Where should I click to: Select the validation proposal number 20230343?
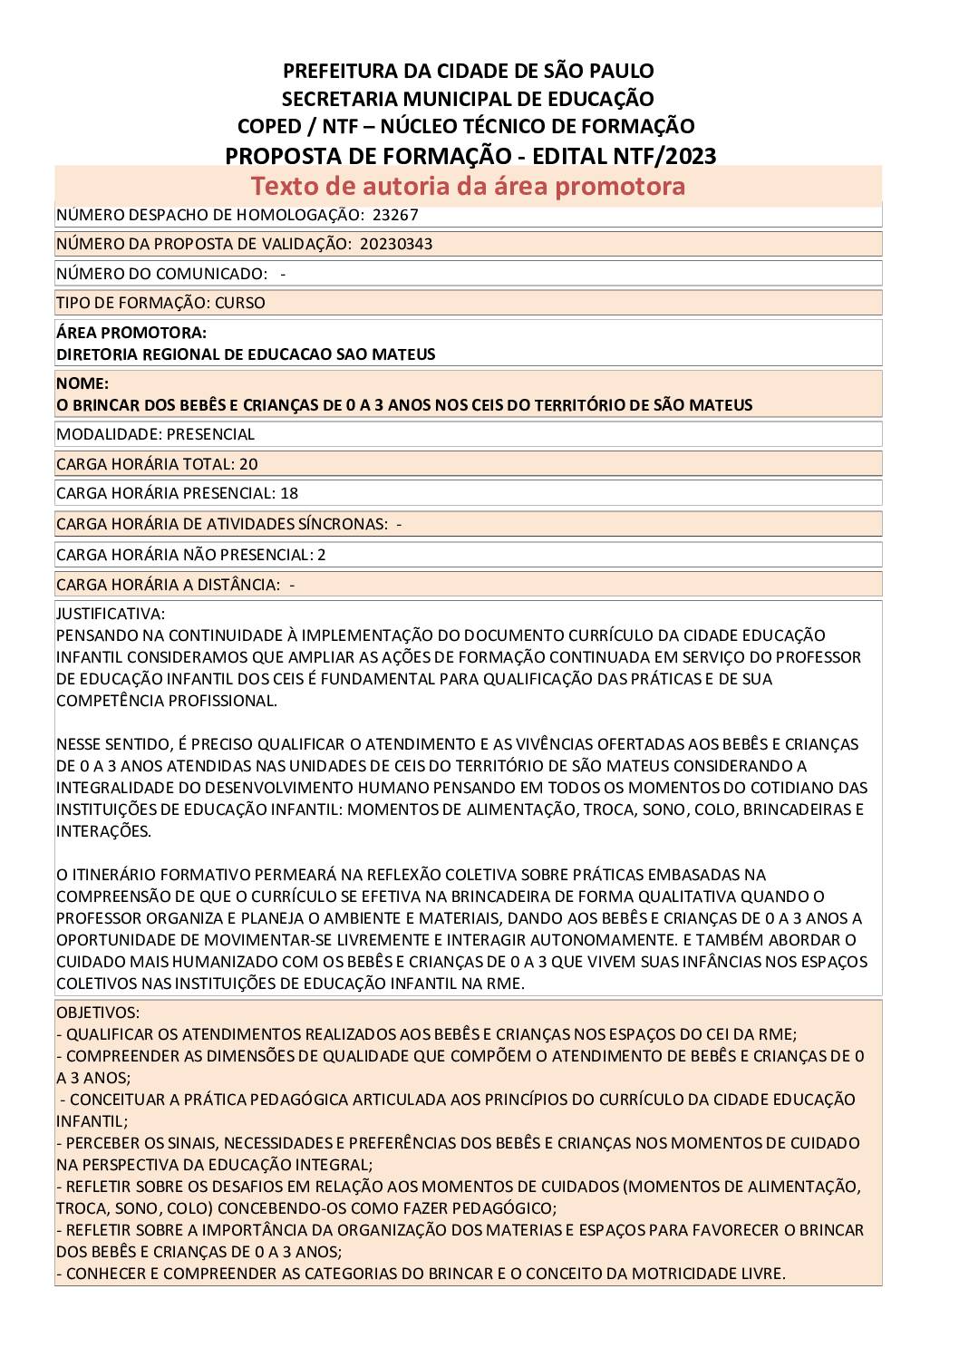point(395,244)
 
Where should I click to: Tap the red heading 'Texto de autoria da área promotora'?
point(468,186)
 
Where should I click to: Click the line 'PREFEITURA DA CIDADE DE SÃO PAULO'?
point(468,71)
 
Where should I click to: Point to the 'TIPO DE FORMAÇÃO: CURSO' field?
point(160,303)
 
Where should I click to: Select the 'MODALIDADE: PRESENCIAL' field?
point(155,434)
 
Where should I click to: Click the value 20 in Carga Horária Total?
point(248,464)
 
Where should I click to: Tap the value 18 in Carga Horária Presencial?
point(289,493)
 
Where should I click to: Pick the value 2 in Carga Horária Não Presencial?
point(322,555)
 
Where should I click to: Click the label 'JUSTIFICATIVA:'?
point(111,614)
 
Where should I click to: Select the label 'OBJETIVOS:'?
point(98,1013)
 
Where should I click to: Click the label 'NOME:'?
point(82,383)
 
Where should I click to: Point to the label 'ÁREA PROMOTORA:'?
point(131,333)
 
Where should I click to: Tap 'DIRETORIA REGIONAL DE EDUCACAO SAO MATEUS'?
point(246,354)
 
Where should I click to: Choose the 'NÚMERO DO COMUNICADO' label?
point(161,274)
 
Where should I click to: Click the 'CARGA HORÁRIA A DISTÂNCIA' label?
point(168,585)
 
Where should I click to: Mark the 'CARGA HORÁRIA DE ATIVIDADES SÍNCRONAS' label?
point(221,524)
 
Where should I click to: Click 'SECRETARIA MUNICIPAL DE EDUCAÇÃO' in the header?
point(468,99)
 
